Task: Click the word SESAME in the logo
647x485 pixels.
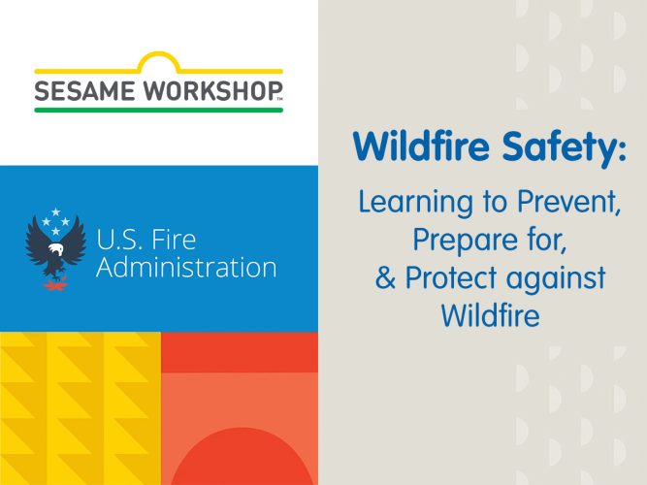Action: coord(84,90)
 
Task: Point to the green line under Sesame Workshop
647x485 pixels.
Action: coord(159,110)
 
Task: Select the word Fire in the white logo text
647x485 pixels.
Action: coord(174,240)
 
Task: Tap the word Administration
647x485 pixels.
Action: coord(186,267)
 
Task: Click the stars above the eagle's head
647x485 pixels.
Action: coord(55,221)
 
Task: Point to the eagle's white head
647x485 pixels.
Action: coord(55,249)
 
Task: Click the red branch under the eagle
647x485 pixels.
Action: coord(55,285)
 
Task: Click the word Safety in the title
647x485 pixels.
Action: coord(565,146)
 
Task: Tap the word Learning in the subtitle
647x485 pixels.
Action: coord(415,203)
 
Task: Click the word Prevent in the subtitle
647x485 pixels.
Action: coord(568,202)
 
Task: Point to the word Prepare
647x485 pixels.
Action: coord(466,241)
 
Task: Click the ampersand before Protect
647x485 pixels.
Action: coord(385,277)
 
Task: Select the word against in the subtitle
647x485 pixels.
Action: coord(556,278)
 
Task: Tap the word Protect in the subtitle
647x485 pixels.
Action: coord(451,277)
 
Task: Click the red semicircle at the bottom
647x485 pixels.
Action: coord(243,456)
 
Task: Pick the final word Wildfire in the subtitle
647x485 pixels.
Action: coord(491,315)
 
